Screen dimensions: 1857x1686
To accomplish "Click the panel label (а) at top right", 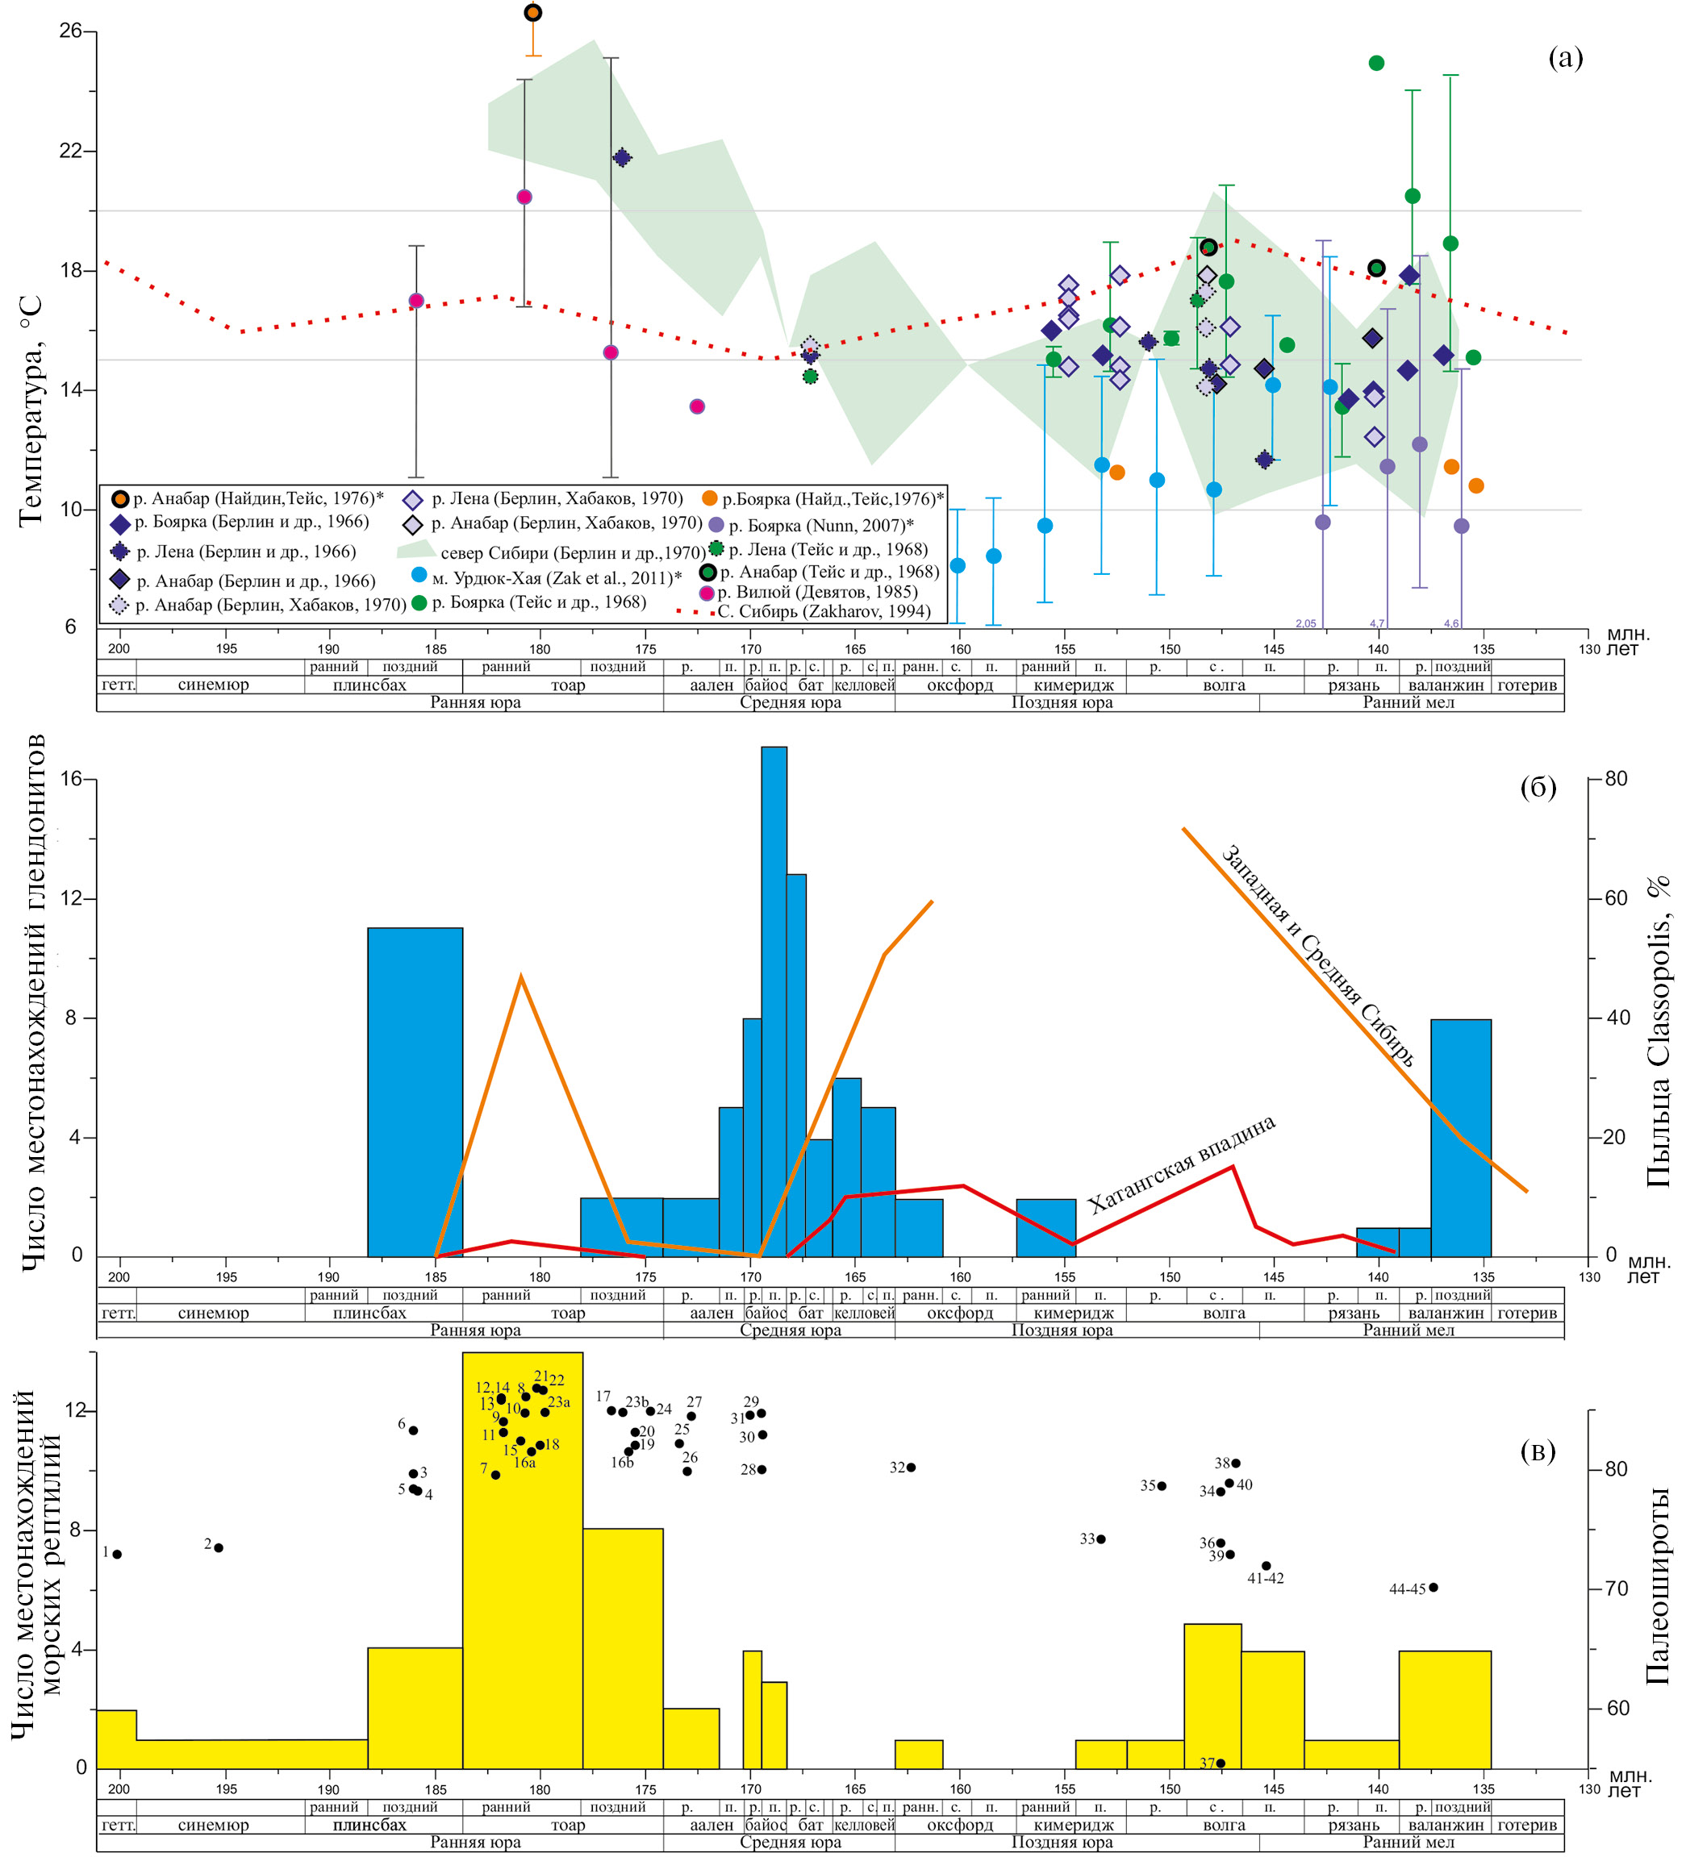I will click(x=1564, y=58).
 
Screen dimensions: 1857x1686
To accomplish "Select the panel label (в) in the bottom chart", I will click(x=1538, y=1451).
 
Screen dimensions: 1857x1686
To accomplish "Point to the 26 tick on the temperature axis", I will click(x=70, y=31).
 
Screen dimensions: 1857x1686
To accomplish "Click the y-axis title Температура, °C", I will click(x=31, y=410).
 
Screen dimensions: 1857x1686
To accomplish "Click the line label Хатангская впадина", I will click(x=1181, y=1164).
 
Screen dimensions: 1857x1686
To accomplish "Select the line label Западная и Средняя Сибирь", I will click(x=1317, y=956).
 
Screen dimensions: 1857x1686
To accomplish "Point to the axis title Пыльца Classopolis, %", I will click(x=1659, y=1031).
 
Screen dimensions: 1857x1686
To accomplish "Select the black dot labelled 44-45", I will click(x=1433, y=1587).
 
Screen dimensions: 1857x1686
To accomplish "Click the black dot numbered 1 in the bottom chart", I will click(x=117, y=1555).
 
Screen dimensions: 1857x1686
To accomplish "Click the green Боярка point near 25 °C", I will click(x=1376, y=63).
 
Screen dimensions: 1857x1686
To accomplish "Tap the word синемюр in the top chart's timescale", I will click(x=213, y=685).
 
